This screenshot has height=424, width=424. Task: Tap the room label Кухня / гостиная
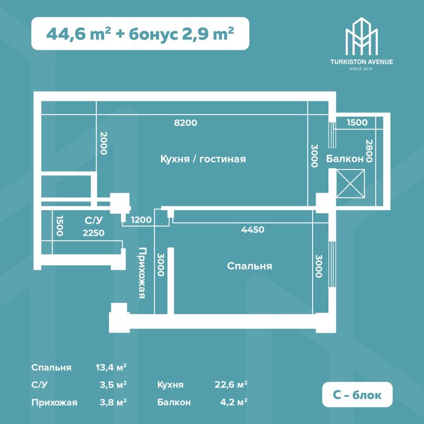coord(203,159)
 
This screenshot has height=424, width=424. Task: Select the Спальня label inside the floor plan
coord(250,266)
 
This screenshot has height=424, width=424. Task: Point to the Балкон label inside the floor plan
coord(345,159)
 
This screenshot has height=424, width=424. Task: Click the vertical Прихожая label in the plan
coord(142,273)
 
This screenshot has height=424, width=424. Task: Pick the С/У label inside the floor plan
coord(94,220)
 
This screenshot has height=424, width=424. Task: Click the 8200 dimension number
coord(185,123)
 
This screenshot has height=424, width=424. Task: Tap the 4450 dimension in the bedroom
coord(253,230)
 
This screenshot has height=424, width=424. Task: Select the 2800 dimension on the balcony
coord(369,151)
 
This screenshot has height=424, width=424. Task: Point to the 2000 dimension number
coord(104,143)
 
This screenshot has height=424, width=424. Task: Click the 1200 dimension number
coord(141,219)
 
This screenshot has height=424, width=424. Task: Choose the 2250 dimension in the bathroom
coord(93,233)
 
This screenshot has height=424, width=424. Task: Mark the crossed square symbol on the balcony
coord(351,184)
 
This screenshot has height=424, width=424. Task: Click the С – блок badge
coord(357,394)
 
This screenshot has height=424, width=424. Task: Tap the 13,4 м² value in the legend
coord(111,368)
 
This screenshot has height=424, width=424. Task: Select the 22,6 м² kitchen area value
coord(231,384)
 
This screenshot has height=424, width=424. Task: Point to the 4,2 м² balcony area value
coord(234,402)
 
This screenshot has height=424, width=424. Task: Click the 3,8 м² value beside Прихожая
coord(113,402)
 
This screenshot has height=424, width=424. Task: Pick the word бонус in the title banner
coord(153,35)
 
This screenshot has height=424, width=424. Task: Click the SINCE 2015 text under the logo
coord(361,69)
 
